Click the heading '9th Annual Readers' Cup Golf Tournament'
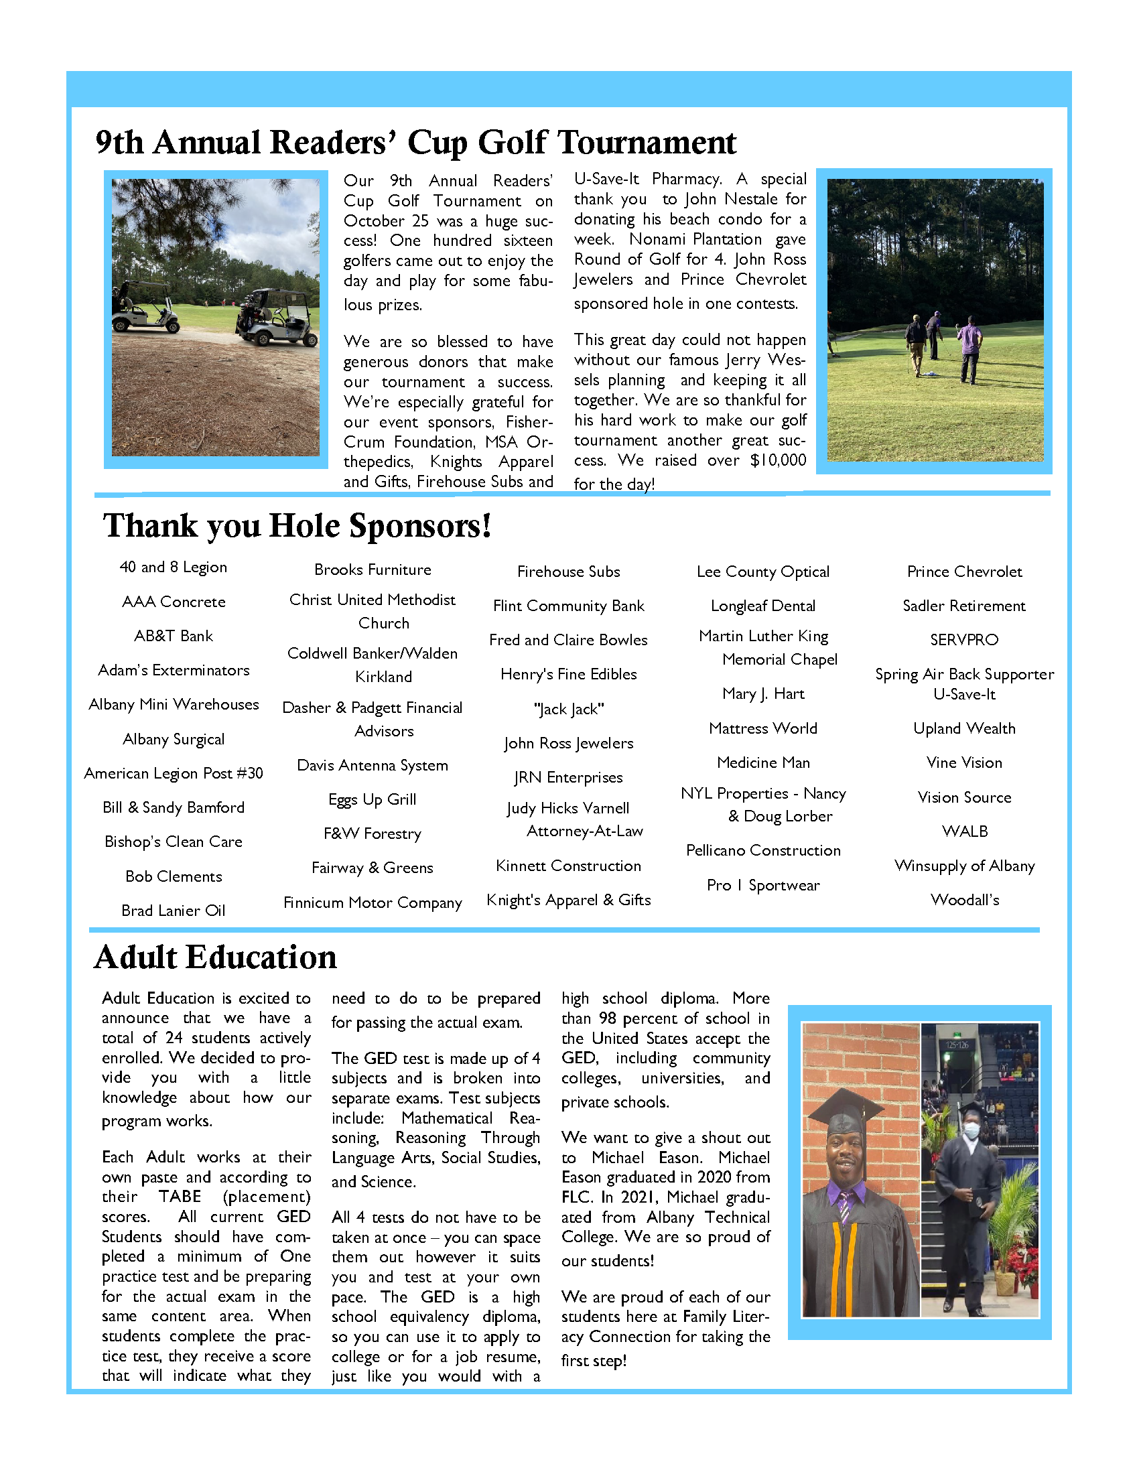415,143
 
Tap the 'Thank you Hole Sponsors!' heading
297,526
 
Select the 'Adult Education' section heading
215,957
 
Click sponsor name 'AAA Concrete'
174,602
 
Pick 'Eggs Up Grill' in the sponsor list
372,800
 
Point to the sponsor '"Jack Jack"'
568,710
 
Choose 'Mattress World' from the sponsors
762,728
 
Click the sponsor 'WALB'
964,831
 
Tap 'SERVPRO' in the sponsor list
963,640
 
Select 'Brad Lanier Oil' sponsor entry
174,911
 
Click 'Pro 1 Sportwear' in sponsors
762,886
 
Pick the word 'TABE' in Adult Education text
180,1197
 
